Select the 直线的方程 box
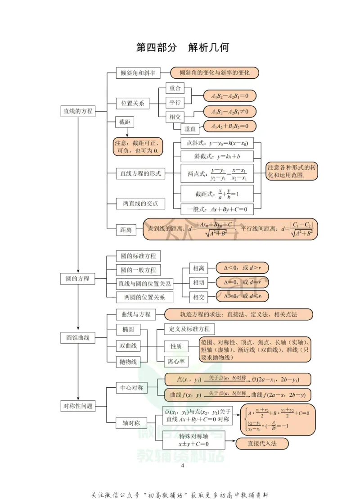[x=78, y=111]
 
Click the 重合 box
[x=175, y=88]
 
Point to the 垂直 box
[x=189, y=129]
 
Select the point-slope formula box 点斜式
[x=216, y=144]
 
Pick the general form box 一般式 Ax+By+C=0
[x=216, y=209]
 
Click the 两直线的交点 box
[x=140, y=204]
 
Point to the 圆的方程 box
[x=78, y=279]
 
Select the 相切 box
[x=198, y=283]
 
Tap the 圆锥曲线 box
[x=78, y=337]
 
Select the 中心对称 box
[x=131, y=387]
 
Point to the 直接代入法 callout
[x=262, y=444]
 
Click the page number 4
[x=182, y=465]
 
